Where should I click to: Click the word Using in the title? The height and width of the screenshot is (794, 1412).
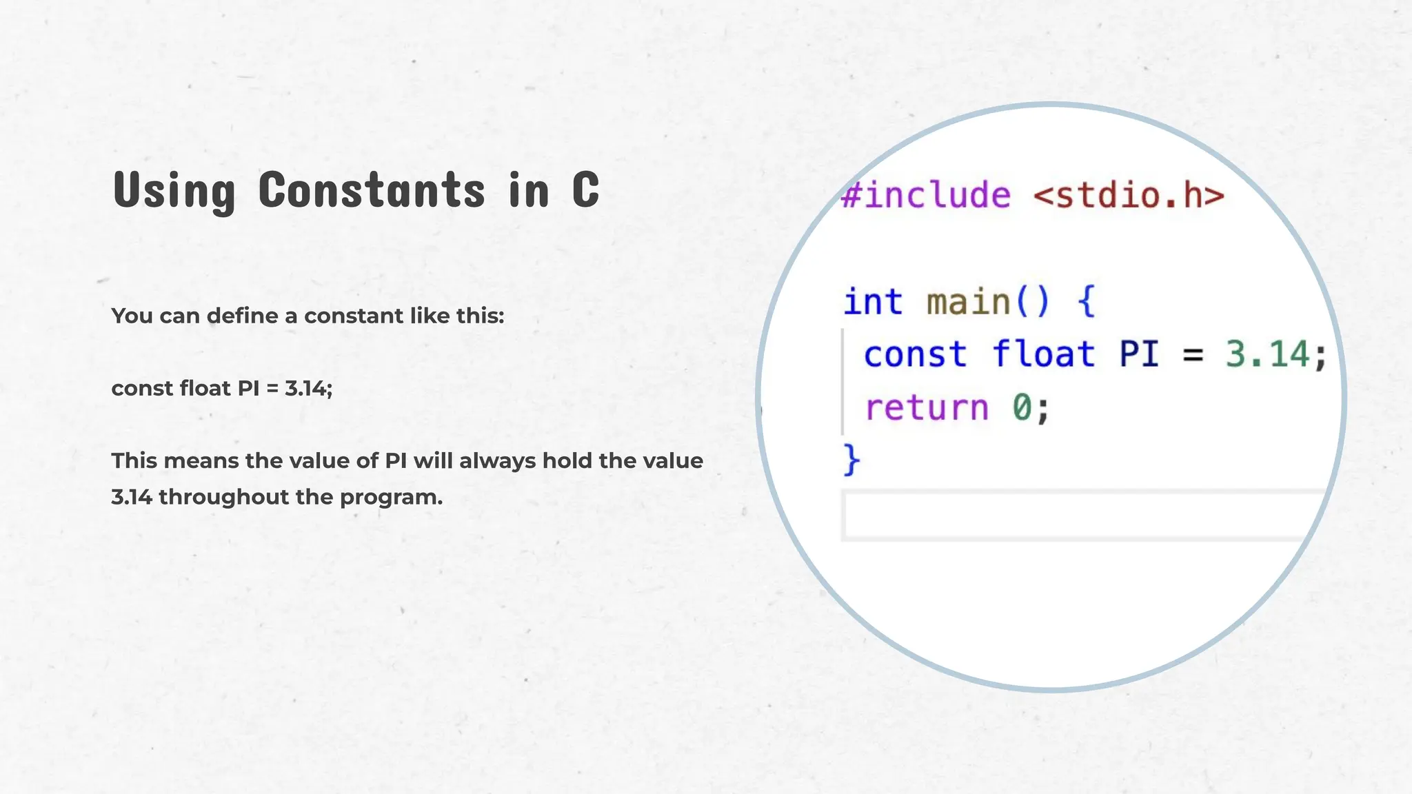(x=174, y=190)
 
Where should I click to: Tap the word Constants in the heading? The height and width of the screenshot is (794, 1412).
(x=372, y=190)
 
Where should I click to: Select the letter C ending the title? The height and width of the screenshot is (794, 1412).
(x=585, y=190)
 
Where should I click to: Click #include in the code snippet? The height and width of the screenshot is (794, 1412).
(x=926, y=195)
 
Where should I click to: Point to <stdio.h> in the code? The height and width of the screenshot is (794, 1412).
(x=1129, y=195)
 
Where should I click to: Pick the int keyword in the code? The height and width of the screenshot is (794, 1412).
(x=873, y=302)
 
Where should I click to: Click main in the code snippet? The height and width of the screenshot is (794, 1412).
(x=967, y=302)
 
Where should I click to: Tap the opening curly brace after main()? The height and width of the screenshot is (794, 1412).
(x=1087, y=302)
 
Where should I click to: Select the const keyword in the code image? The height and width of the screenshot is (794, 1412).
(x=915, y=355)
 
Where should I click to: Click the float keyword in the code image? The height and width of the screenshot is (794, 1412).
(x=1043, y=355)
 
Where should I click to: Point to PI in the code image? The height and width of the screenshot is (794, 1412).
(x=1139, y=355)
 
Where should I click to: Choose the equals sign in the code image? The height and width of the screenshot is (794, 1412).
(x=1193, y=356)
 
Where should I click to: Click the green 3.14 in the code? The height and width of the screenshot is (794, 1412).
(x=1267, y=355)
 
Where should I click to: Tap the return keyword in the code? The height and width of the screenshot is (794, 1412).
(x=927, y=408)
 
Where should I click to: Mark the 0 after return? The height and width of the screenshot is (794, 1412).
(x=1022, y=408)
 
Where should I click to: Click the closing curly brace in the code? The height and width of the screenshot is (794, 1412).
(x=852, y=460)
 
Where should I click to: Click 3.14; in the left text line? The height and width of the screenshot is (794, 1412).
(x=308, y=389)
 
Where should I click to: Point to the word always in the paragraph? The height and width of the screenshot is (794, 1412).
(x=497, y=460)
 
